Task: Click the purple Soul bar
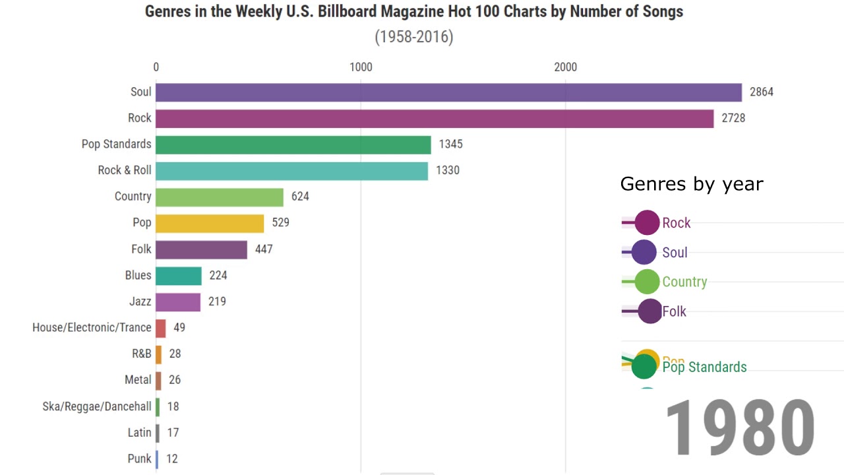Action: (448, 92)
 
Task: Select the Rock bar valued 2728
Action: (435, 119)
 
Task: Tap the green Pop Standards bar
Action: (293, 144)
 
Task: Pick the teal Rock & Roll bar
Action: (291, 171)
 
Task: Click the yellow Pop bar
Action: (210, 223)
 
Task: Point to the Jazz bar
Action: (178, 302)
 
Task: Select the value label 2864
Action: (762, 92)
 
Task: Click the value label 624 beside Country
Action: (300, 197)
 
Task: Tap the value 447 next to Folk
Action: (264, 249)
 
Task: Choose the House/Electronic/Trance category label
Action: (92, 327)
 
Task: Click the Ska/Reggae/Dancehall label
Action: (97, 406)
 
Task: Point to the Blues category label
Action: (138, 275)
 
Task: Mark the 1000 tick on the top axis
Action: (361, 67)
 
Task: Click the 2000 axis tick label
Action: (565, 67)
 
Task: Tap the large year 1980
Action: (740, 429)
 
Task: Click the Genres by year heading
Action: (692, 184)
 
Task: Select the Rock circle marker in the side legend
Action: (648, 223)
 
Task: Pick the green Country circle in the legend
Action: (647, 282)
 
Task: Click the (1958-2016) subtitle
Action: (414, 37)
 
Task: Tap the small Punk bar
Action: (157, 459)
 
